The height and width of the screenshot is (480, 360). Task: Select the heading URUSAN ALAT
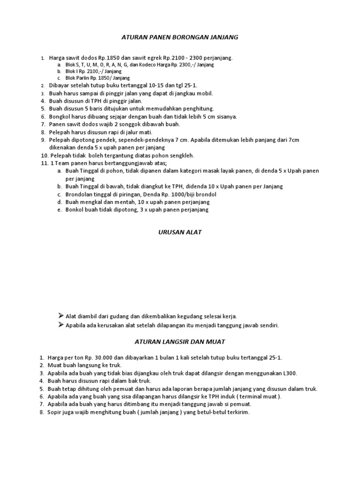(x=180, y=232)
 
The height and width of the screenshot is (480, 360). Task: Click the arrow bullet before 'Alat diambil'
(x=60, y=316)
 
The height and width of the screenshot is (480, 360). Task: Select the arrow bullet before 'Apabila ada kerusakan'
(x=60, y=324)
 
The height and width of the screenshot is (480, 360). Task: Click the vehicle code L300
(x=289, y=373)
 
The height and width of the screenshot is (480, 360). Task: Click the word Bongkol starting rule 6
(x=60, y=116)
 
